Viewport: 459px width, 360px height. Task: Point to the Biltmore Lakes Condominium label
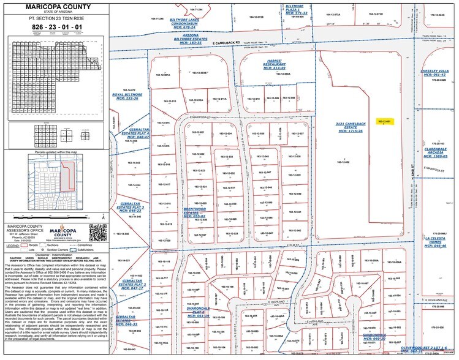187,21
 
